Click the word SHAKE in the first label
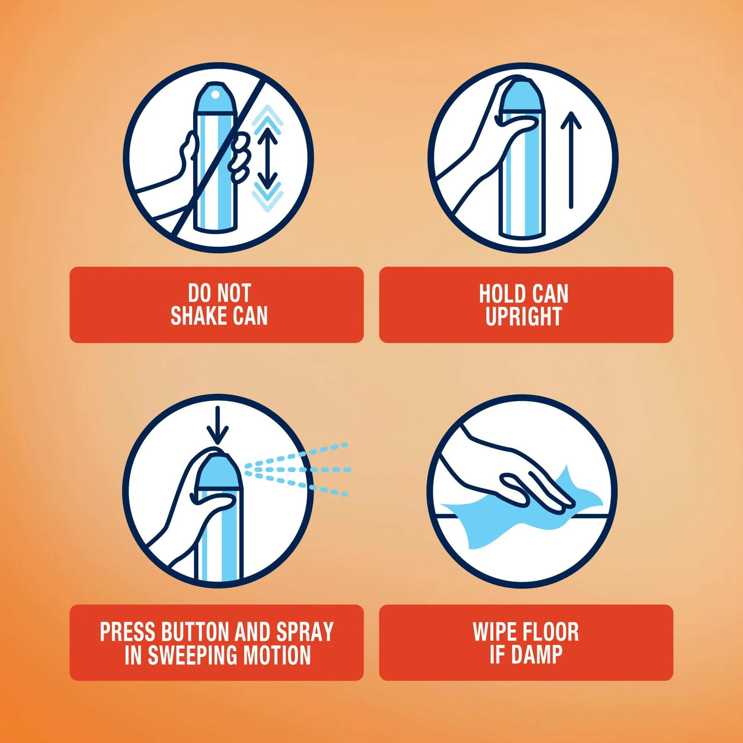click(x=198, y=316)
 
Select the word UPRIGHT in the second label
click(x=523, y=317)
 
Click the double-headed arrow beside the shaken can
click(x=267, y=158)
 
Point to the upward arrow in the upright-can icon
click(x=571, y=160)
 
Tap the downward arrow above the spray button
click(x=218, y=425)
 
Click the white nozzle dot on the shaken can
click(x=216, y=94)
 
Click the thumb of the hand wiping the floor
click(x=515, y=489)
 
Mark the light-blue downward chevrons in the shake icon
click(x=267, y=196)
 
